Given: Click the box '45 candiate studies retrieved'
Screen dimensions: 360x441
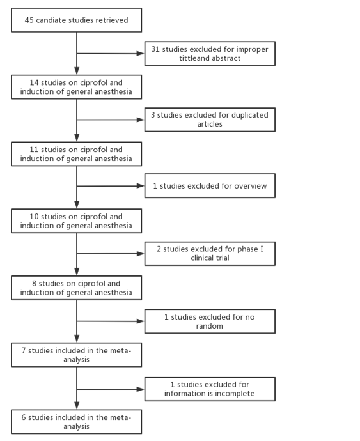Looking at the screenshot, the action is click(76, 20).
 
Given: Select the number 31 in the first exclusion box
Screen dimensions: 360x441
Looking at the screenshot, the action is click(155, 49).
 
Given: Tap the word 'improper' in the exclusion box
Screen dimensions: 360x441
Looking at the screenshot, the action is click(252, 49).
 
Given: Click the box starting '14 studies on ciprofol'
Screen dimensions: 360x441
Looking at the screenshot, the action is click(76, 87).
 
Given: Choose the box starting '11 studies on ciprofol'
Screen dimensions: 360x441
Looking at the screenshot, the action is click(76, 154).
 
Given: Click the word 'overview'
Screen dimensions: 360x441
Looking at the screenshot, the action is click(251, 186).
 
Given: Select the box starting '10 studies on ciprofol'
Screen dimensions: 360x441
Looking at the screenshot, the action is click(76, 220).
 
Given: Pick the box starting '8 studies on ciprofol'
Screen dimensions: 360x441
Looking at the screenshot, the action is click(76, 288).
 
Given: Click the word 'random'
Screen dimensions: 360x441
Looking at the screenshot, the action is click(209, 326).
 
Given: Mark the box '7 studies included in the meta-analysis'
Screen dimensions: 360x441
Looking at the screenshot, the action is click(76, 355).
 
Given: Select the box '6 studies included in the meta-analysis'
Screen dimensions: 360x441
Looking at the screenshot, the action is click(76, 422).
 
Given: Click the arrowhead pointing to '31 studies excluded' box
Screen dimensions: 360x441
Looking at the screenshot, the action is click(141, 54).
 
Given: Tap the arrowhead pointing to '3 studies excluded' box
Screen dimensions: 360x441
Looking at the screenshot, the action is click(141, 120).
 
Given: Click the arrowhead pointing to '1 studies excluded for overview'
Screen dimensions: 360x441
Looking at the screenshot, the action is click(141, 186).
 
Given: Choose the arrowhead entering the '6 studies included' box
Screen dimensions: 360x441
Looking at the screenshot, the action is click(77, 405).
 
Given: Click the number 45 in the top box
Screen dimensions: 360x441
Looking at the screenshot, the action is click(29, 20).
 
